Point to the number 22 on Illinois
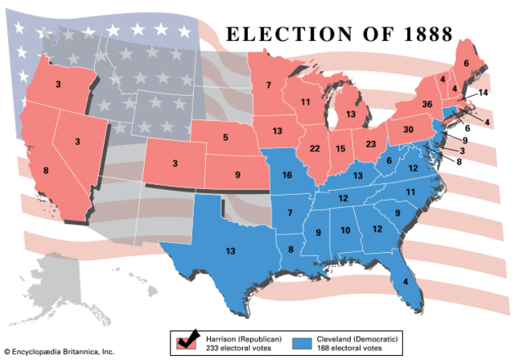[315, 148]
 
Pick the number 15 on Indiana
[342, 148]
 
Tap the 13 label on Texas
[230, 251]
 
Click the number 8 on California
[46, 170]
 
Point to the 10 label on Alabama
[345, 230]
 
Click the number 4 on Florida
[406, 281]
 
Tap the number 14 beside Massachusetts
[483, 93]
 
